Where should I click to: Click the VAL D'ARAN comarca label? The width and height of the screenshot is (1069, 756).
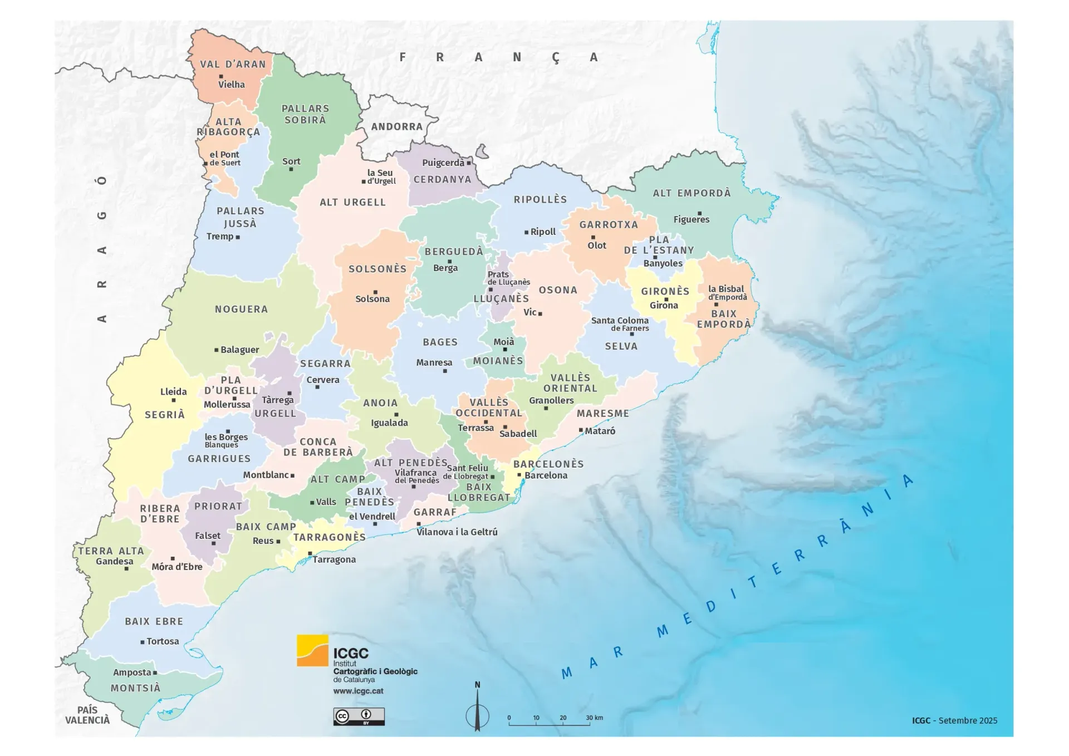point(233,65)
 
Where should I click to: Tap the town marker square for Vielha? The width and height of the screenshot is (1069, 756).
point(221,76)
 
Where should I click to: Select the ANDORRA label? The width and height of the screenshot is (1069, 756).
point(397,127)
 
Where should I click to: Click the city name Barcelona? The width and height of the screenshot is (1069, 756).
point(546,475)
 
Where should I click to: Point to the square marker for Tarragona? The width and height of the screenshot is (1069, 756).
point(310,553)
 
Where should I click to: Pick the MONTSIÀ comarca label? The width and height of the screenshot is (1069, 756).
point(135,688)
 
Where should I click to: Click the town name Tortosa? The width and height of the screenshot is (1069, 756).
point(163,641)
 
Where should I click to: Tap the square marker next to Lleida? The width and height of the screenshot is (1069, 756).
point(174,400)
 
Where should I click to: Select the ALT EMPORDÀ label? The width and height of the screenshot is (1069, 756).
point(692,193)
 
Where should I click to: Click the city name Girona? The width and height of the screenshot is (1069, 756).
point(664,305)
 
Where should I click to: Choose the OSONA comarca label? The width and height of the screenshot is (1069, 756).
point(558,290)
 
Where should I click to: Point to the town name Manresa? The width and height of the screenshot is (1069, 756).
point(434,362)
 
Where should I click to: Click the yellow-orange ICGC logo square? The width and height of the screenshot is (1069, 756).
point(312,650)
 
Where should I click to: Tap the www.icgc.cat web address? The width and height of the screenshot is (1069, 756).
point(358,691)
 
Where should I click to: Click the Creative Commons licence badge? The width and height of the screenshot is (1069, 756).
point(359,716)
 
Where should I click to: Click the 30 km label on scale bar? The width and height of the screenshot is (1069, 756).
point(594,718)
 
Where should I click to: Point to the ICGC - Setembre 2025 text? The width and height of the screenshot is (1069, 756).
point(954,720)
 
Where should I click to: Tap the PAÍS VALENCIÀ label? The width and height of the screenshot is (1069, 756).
point(87,715)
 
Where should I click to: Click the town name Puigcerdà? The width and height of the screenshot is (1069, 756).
point(443,163)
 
